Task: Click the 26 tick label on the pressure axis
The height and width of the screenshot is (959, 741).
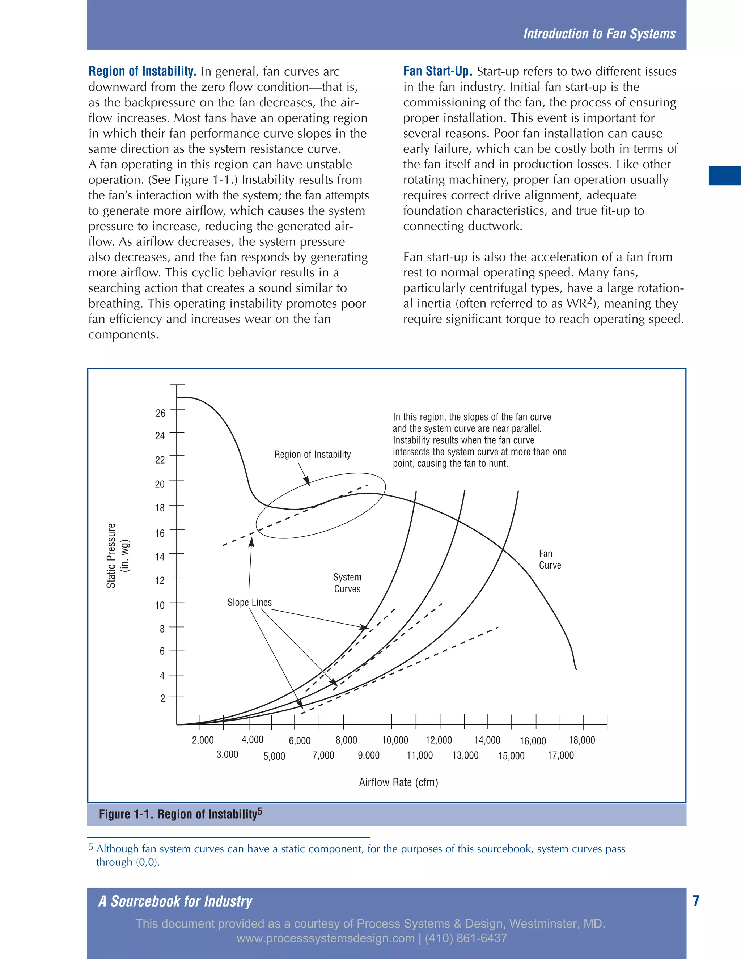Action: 161,413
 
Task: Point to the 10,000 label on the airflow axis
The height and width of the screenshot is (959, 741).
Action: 395,740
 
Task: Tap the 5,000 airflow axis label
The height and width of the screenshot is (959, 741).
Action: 274,756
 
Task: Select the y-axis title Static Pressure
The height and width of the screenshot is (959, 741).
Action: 111,555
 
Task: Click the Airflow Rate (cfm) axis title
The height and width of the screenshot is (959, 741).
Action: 398,782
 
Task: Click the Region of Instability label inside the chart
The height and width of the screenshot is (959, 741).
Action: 312,455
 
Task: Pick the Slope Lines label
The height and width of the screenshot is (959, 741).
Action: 249,603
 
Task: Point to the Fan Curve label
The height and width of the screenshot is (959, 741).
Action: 549,559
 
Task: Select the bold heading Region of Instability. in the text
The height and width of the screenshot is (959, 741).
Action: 142,71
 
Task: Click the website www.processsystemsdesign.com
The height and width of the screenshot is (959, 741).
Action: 325,938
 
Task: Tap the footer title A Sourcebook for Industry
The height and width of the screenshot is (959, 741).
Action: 175,901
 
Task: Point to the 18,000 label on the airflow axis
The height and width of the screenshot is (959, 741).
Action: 582,740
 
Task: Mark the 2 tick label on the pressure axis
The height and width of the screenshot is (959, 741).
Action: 162,698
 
